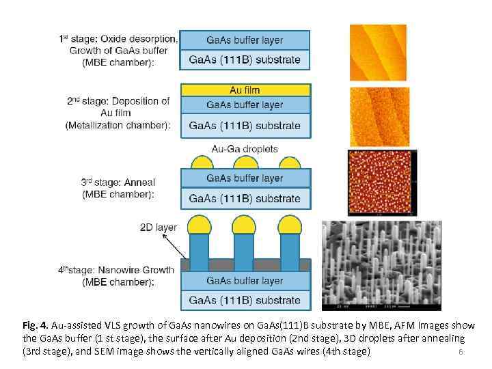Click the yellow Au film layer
pyautogui.click(x=245, y=90)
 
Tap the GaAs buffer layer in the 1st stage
pyautogui.click(x=245, y=40)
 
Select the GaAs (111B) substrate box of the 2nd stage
pyautogui.click(x=245, y=126)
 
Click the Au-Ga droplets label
pyautogui.click(x=245, y=148)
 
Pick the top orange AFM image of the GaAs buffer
pyautogui.click(x=378, y=53)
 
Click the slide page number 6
pyautogui.click(x=461, y=352)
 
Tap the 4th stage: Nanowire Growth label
pyautogui.click(x=116, y=270)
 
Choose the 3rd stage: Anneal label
pyautogui.click(x=118, y=182)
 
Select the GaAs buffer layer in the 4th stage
pyautogui.click(x=245, y=281)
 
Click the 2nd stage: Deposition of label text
pyautogui.click(x=118, y=101)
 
